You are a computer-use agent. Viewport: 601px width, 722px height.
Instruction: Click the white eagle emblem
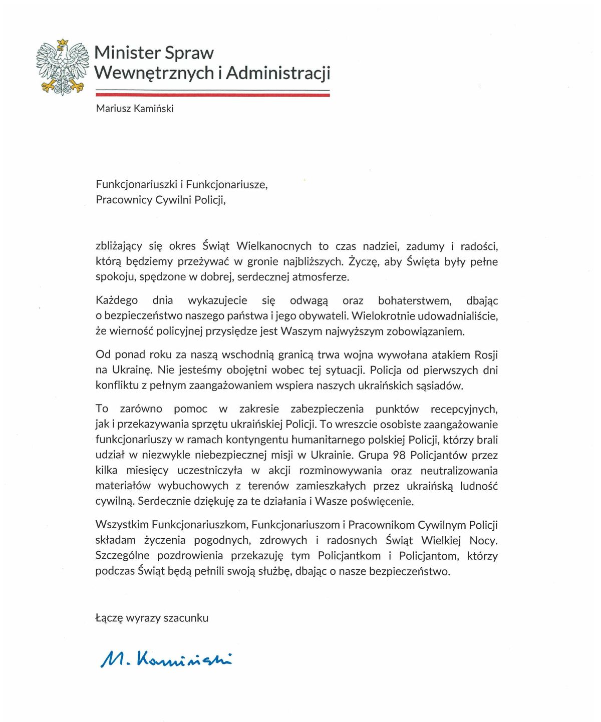point(62,68)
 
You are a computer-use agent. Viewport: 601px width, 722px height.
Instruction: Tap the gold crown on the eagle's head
point(62,43)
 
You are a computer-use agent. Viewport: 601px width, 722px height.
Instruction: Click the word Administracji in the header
point(278,73)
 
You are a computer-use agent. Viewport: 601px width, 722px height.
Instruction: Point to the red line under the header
point(212,95)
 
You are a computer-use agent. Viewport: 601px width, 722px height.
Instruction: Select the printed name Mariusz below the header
point(113,109)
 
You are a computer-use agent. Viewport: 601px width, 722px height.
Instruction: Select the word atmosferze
point(321,277)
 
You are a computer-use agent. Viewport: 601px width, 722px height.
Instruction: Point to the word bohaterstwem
point(415,301)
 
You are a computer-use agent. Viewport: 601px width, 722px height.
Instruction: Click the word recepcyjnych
point(464,409)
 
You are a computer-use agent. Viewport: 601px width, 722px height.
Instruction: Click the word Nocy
point(483,541)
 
